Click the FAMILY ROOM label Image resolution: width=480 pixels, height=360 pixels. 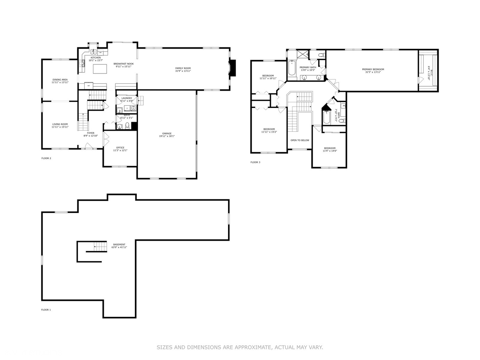(x=183, y=68)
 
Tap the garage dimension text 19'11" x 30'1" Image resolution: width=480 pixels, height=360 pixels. (x=167, y=136)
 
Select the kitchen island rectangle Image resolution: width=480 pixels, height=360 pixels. (x=100, y=69)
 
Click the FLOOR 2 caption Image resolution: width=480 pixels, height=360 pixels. (x=46, y=158)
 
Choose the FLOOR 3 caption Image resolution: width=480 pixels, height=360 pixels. (x=255, y=162)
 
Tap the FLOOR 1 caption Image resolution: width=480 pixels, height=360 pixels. (x=46, y=310)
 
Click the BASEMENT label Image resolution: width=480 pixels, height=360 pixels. (x=119, y=244)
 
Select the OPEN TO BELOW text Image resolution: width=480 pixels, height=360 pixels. (x=300, y=140)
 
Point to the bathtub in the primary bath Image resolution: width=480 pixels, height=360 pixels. (x=292, y=69)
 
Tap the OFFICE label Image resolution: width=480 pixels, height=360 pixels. (x=120, y=148)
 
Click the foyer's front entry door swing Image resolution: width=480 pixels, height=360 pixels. (x=88, y=146)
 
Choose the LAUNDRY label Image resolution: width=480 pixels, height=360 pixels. (x=127, y=98)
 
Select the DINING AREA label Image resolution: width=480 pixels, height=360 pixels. (x=60, y=80)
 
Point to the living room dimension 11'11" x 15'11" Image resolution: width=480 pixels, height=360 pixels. (x=60, y=127)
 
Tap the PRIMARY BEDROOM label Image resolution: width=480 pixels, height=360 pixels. (x=373, y=69)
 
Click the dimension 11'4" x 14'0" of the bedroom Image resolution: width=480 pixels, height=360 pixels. (x=330, y=151)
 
